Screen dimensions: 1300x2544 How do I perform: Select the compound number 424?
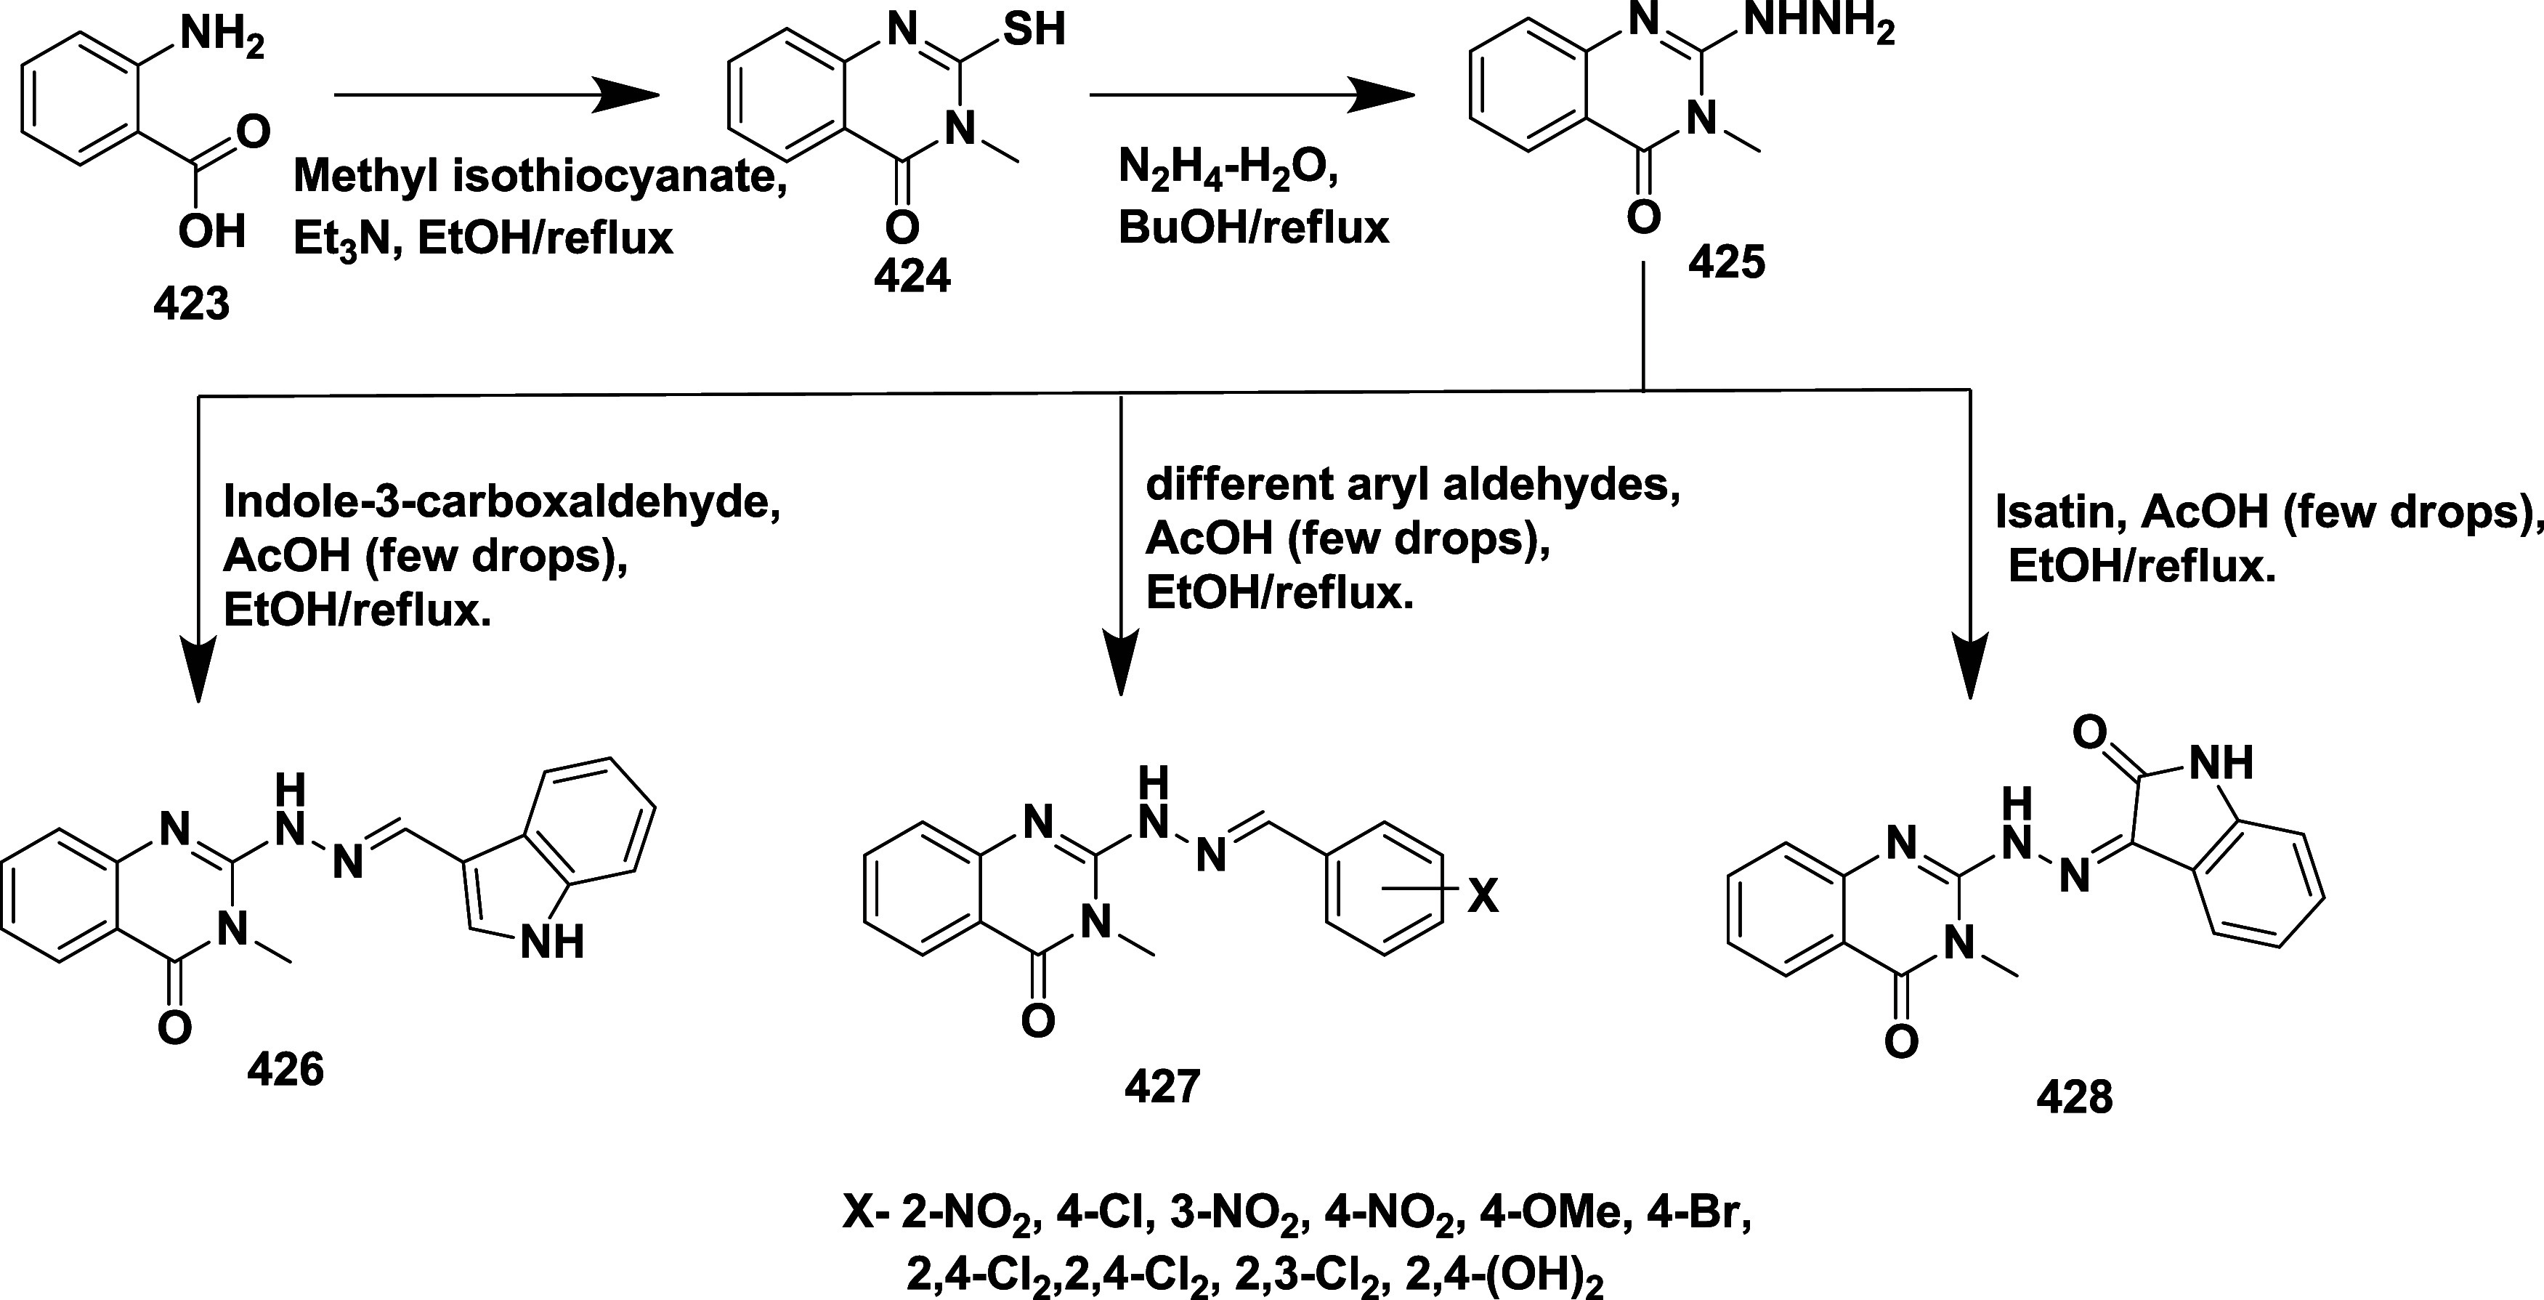tap(912, 275)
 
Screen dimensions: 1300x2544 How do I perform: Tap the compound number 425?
tap(1726, 262)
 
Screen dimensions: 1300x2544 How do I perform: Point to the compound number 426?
tap(285, 1069)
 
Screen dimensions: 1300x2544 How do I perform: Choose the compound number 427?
tap(1162, 1086)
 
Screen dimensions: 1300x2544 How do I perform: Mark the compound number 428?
tap(2074, 1097)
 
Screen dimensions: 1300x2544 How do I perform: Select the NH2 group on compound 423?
tap(222, 39)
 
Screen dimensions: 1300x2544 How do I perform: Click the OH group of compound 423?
tap(211, 232)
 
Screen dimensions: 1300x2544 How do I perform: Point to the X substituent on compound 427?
tap(1481, 897)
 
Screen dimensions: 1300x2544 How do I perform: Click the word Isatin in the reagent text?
tap(2046, 512)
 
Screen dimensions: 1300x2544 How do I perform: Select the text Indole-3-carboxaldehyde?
tap(502, 502)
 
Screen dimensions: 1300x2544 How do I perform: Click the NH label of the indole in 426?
tap(551, 942)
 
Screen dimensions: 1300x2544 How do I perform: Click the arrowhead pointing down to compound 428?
tap(1970, 671)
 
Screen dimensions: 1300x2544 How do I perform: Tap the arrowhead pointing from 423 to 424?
tap(627, 96)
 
